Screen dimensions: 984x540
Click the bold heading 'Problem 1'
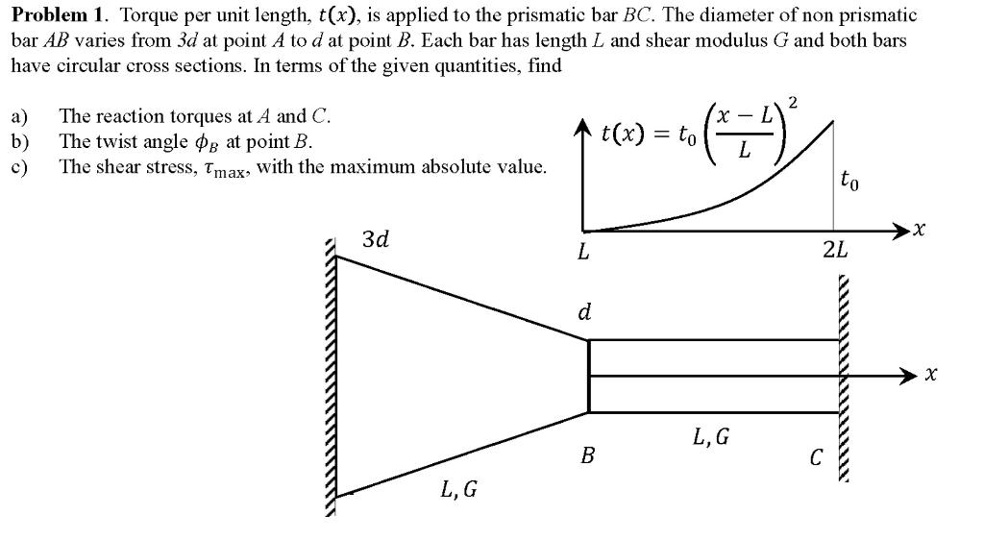click(x=57, y=15)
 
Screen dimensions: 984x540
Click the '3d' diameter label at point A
click(x=376, y=238)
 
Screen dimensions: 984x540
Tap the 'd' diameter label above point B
click(x=583, y=313)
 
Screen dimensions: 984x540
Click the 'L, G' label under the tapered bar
click(x=458, y=490)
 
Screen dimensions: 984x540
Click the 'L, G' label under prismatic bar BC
click(x=710, y=438)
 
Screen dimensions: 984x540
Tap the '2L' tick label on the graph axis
click(x=835, y=253)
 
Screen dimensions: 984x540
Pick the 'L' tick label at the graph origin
click(x=581, y=253)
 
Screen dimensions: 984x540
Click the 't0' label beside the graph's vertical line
click(x=849, y=180)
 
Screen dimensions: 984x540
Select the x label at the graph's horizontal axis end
click(x=920, y=230)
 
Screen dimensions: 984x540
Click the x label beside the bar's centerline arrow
click(x=929, y=375)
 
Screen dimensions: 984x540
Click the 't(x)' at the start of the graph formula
click(x=623, y=135)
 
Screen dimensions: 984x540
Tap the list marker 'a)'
click(x=19, y=117)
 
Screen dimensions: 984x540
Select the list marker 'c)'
click(x=19, y=167)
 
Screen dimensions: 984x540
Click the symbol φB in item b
click(x=207, y=142)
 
